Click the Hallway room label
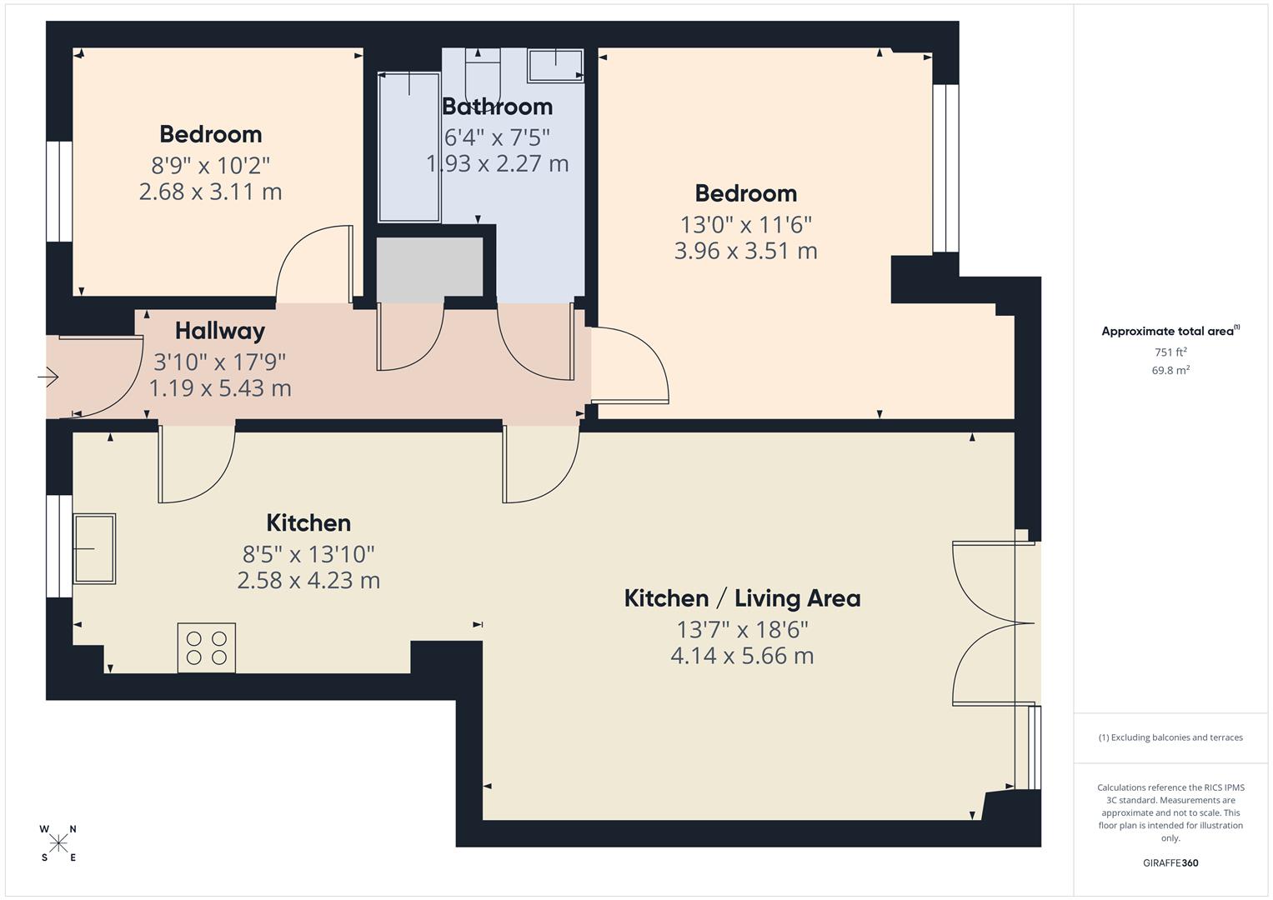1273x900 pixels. [x=220, y=331]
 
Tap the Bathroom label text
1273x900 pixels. [x=497, y=107]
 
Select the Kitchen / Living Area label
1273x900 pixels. [x=742, y=598]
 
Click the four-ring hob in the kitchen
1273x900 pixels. [x=207, y=647]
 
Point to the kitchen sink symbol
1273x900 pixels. [x=94, y=548]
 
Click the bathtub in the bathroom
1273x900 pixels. [x=409, y=147]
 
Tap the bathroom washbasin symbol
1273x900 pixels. [x=555, y=65]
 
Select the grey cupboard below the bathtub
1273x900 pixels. [x=429, y=267]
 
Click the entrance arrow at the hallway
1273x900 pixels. [x=48, y=377]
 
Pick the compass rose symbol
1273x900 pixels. [x=58, y=843]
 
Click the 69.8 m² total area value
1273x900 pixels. [x=1170, y=371]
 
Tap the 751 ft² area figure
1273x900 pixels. [x=1170, y=352]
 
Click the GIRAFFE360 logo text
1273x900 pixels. [x=1170, y=862]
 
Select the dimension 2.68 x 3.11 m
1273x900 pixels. [x=210, y=192]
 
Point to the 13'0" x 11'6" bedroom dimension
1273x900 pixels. [x=745, y=225]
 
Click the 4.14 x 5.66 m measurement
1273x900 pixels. [x=742, y=656]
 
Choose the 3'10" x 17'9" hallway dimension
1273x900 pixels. [x=220, y=362]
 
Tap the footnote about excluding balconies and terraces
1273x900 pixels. [x=1170, y=737]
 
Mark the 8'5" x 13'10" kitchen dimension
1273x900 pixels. [x=308, y=554]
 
